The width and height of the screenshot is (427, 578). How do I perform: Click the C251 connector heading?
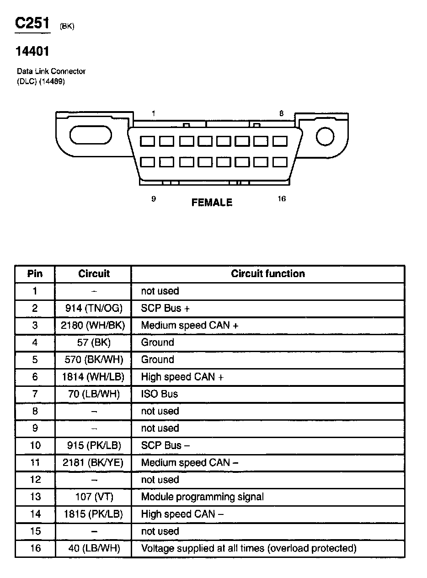[x=32, y=23]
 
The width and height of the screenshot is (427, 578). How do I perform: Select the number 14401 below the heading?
[x=32, y=52]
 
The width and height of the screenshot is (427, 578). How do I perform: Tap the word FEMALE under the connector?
[x=212, y=202]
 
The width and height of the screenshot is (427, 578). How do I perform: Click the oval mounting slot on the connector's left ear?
[x=90, y=136]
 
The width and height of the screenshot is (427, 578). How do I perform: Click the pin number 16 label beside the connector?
[x=282, y=198]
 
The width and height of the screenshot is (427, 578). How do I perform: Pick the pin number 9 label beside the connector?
[x=154, y=198]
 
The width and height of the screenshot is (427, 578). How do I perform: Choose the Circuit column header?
[x=94, y=273]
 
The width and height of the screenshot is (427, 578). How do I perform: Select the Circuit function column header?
[x=267, y=273]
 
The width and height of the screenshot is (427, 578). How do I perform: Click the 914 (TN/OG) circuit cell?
[x=94, y=308]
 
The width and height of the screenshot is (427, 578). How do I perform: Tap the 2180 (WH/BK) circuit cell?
[x=94, y=325]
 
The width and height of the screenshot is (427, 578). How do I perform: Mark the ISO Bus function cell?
[x=160, y=394]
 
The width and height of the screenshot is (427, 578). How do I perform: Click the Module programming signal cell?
[x=202, y=497]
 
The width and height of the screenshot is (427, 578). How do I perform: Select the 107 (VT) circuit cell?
[x=94, y=497]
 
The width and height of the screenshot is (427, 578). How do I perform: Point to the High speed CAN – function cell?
[x=182, y=514]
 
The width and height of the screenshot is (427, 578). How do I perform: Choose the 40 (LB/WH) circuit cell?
[x=94, y=548]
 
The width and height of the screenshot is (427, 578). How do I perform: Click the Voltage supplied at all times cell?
[x=248, y=548]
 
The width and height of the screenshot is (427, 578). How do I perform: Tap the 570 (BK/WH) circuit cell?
[x=94, y=359]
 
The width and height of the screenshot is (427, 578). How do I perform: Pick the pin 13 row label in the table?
[x=35, y=497]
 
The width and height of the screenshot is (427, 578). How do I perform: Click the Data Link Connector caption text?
[x=51, y=71]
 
